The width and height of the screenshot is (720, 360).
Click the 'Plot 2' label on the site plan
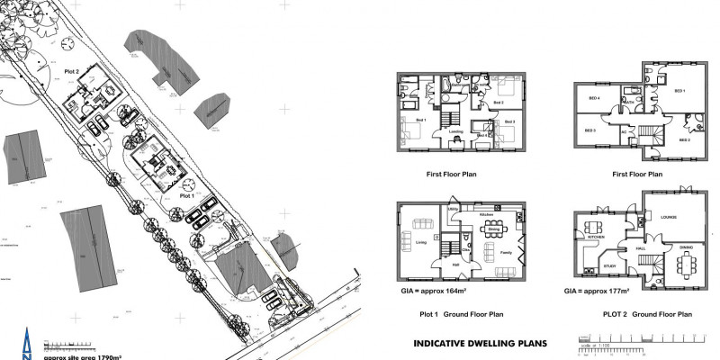[71, 70]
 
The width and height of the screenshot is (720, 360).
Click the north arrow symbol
[27, 344]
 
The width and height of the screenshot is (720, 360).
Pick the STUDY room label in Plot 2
[610, 265]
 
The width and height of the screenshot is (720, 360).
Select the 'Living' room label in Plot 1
[419, 241]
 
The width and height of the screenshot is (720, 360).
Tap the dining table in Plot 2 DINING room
[687, 263]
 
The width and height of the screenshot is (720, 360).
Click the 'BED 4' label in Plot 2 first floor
[594, 97]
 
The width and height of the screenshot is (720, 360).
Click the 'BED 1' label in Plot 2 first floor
[679, 91]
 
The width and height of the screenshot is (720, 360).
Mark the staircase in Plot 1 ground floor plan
[446, 247]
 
